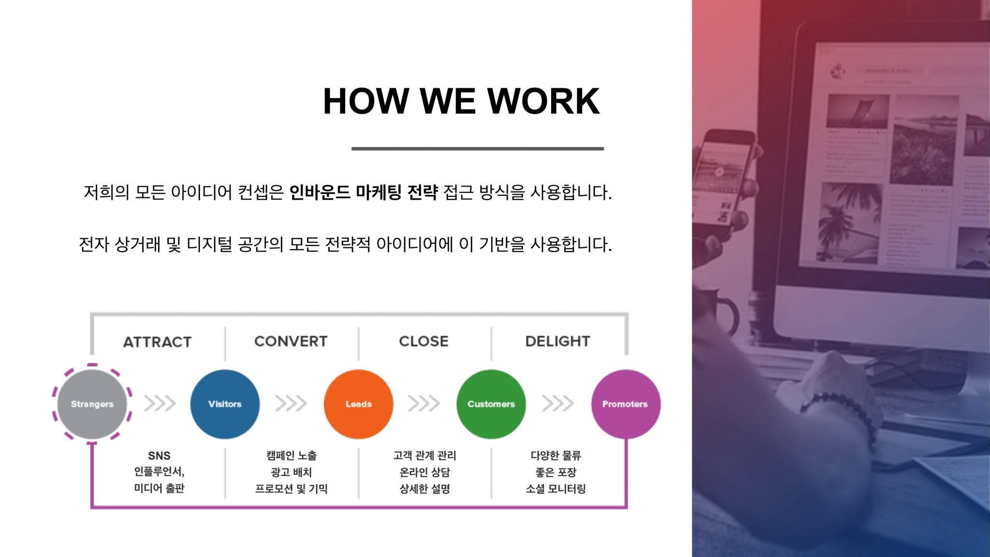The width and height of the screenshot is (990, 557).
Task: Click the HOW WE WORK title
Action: coord(461,101)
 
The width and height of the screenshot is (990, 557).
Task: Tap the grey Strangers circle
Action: coord(92,404)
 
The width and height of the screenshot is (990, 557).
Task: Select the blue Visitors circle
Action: coord(225,404)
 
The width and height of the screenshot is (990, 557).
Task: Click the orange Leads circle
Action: coord(358,404)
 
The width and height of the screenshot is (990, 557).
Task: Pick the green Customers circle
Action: coord(491,404)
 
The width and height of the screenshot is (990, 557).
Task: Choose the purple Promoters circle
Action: coord(626,404)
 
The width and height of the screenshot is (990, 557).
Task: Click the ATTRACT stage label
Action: coord(158,342)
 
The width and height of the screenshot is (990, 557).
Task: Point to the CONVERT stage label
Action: coord(291,341)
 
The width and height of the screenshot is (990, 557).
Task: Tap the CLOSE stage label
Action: coord(424,341)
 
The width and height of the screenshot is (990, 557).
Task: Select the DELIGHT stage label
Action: coord(558,341)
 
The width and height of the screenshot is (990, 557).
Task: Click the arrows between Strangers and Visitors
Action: coord(160,403)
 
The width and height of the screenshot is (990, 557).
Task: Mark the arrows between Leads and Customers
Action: coord(424,403)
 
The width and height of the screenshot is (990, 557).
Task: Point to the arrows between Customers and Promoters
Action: coord(558,403)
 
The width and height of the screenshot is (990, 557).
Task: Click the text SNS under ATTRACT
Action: coord(159,455)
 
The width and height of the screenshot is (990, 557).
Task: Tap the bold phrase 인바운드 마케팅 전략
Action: coord(363,192)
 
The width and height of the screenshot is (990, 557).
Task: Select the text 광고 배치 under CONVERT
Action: coord(291,472)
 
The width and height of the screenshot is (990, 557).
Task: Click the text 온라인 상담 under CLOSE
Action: coord(424,472)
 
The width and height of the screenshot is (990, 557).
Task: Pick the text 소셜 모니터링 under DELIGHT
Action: coord(556,489)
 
